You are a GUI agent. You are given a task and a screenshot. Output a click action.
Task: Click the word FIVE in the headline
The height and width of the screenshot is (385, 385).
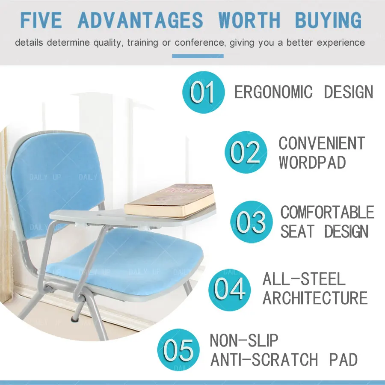[x=42, y=20]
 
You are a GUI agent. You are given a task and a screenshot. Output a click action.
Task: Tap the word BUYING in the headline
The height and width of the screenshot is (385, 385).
[x=328, y=20]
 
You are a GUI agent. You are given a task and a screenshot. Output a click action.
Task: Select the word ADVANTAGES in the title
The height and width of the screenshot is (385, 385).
[x=140, y=20]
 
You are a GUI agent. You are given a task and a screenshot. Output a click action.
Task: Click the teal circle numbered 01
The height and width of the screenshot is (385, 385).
[x=203, y=92]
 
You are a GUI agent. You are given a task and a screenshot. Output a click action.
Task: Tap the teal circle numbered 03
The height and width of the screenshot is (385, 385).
[x=252, y=222]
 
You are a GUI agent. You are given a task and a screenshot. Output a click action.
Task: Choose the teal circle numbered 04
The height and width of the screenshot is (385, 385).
[x=230, y=290]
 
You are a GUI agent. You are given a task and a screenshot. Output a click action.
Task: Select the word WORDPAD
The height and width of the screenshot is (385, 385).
[x=312, y=163]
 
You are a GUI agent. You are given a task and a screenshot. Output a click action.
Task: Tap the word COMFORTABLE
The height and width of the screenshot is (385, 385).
[x=327, y=212]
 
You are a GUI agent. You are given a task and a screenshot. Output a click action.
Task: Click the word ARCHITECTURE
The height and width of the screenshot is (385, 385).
[x=315, y=298]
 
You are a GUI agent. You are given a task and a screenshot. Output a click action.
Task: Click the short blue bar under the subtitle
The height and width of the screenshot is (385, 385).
[x=198, y=56]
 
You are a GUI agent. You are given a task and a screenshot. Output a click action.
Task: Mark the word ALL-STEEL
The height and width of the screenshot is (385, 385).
[x=304, y=279]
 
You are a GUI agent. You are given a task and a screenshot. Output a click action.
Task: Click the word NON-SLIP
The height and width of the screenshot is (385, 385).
[x=244, y=341]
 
